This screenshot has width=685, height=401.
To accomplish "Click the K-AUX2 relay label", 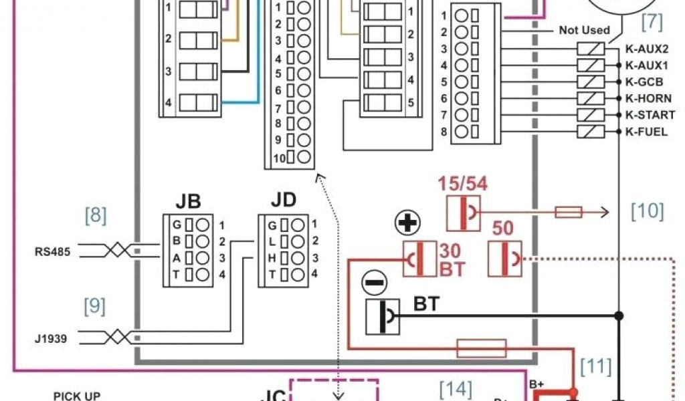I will [646, 49].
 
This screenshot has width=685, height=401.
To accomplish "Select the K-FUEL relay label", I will [646, 132].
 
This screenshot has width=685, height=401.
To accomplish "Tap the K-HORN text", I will [648, 98].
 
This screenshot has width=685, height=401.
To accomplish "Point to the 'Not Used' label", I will [584, 30].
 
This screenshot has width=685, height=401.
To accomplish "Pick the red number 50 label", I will [503, 229].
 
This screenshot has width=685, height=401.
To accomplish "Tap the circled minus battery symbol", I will [374, 283].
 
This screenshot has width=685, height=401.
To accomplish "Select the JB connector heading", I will [188, 201].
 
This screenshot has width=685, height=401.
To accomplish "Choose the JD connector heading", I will [284, 200].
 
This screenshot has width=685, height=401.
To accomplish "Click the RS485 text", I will [53, 252].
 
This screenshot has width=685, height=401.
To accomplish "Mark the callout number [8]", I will [96, 215].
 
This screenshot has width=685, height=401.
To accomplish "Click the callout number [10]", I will [648, 211].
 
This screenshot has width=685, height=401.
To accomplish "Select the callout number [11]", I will [595, 366].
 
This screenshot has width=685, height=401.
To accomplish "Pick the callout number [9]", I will [95, 306].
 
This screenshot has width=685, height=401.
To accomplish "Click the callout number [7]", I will [652, 23].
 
